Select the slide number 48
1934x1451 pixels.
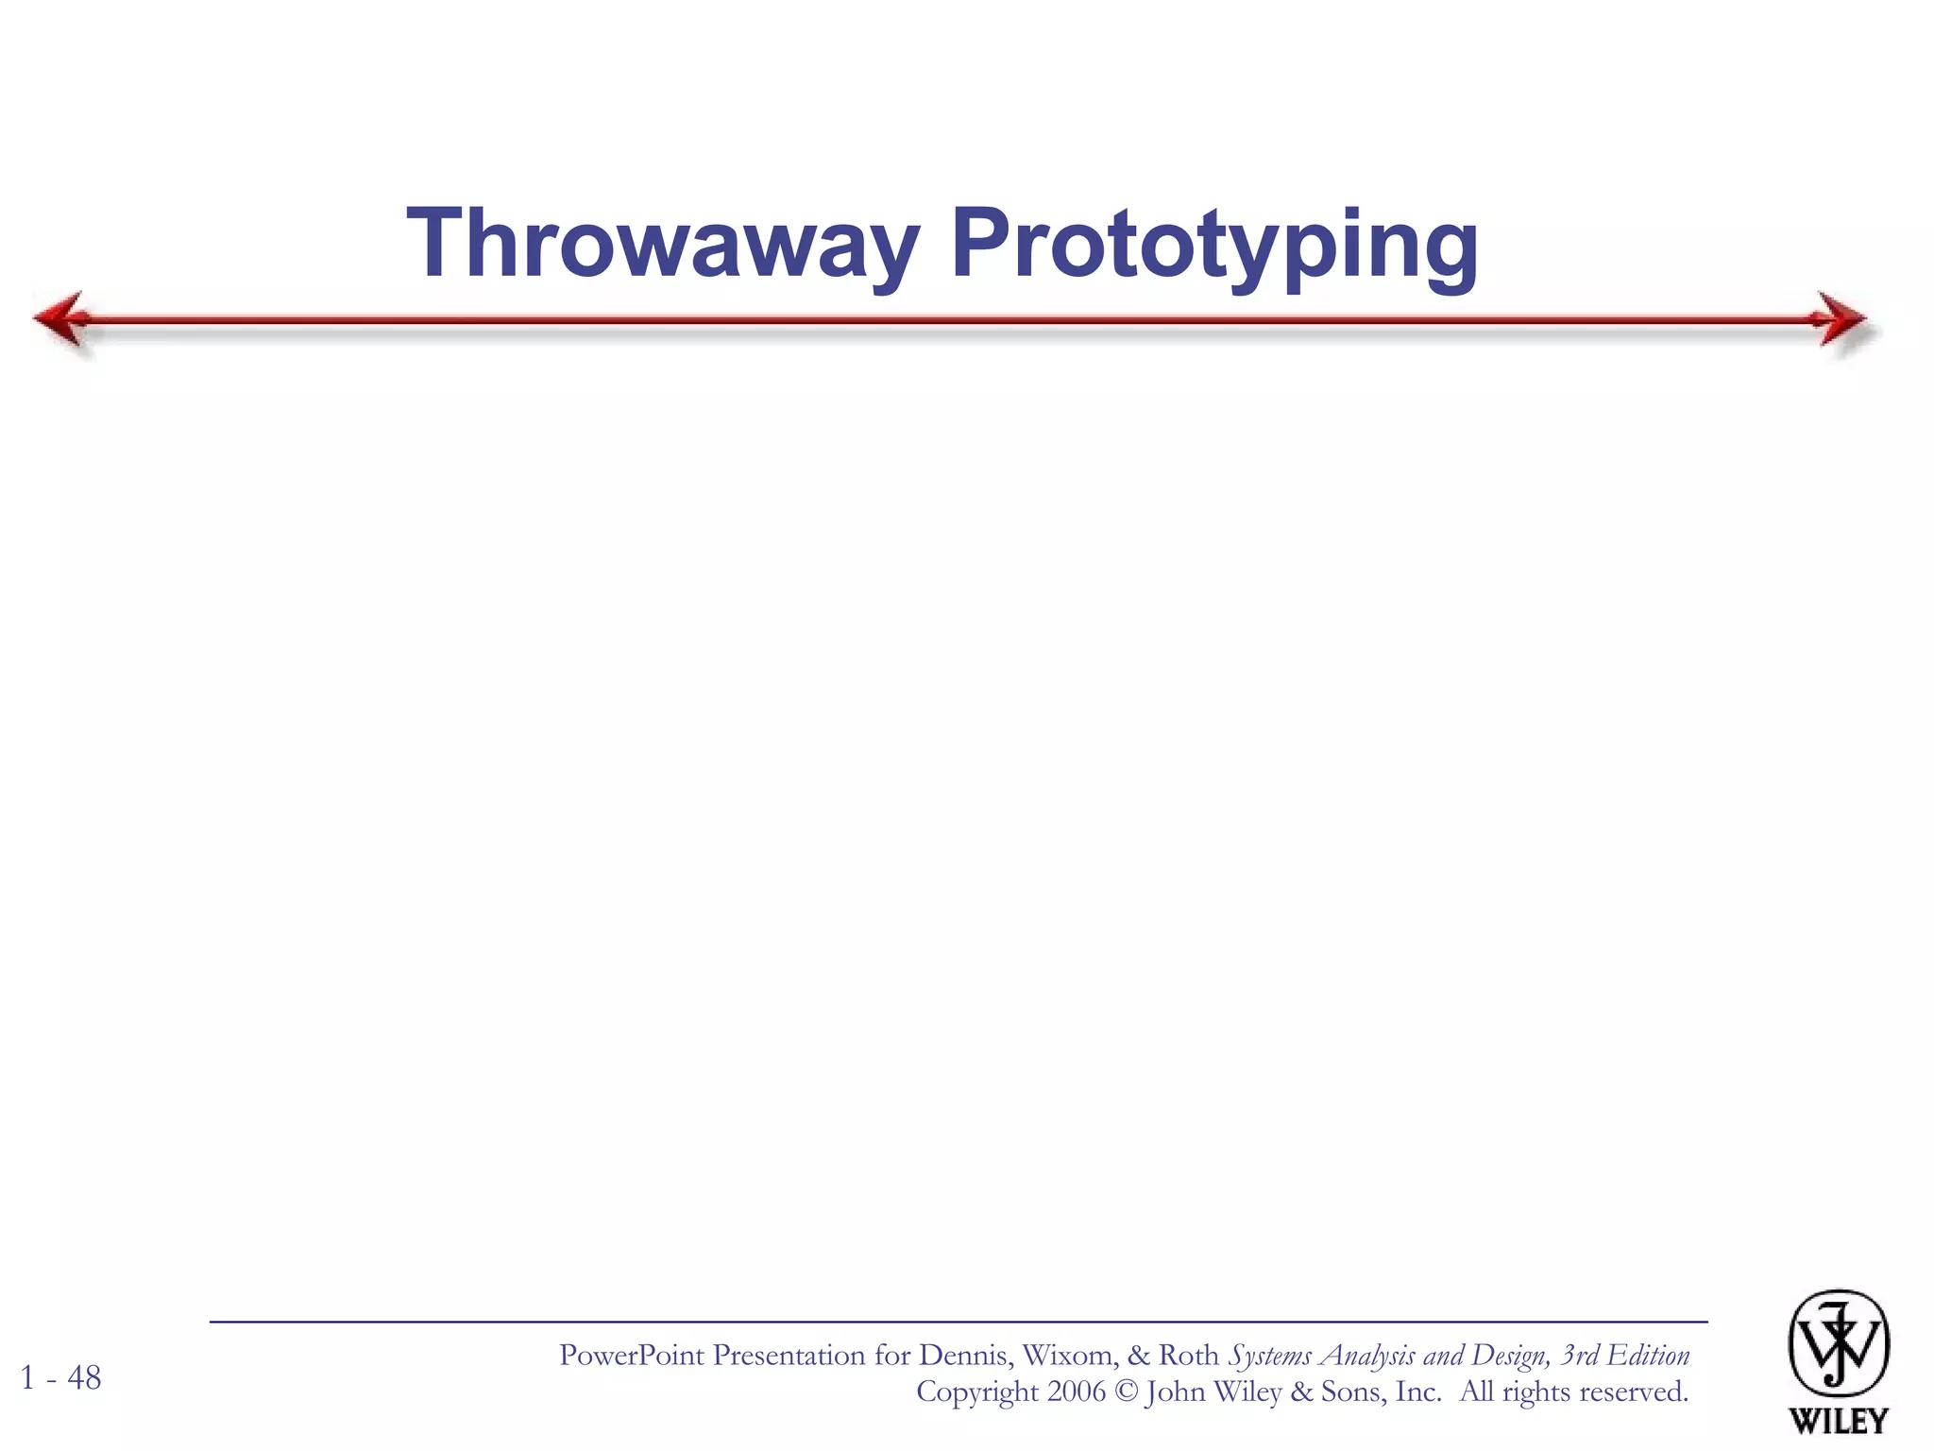click(x=84, y=1378)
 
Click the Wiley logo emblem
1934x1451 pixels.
click(x=1838, y=1343)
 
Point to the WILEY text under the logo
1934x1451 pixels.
click(x=1838, y=1420)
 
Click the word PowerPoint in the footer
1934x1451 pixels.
click(x=632, y=1356)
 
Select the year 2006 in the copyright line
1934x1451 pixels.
click(x=1077, y=1391)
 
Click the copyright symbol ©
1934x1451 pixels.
click(x=1126, y=1391)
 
